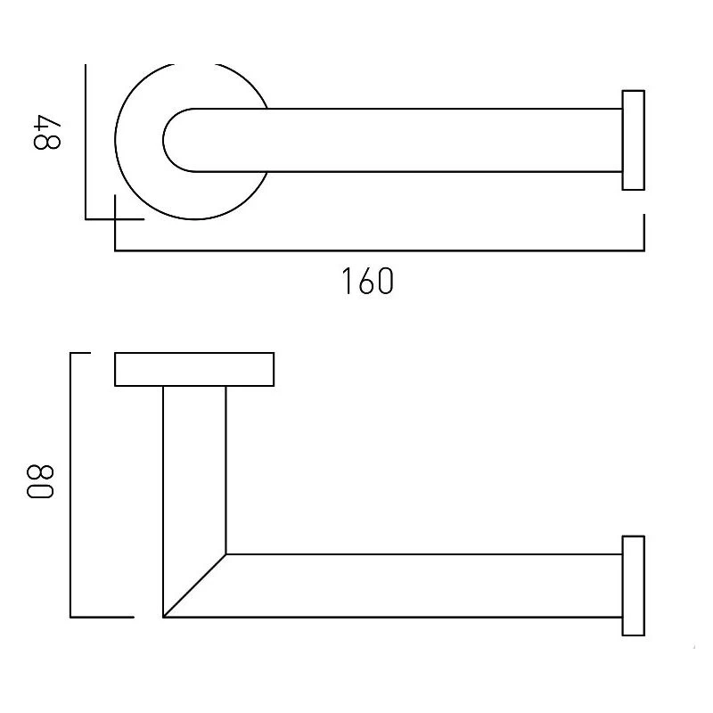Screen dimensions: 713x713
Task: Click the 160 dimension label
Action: coord(367,281)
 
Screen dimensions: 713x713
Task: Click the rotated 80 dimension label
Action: coord(40,481)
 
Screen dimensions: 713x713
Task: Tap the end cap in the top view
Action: coord(633,140)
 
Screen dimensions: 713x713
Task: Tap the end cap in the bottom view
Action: coord(633,586)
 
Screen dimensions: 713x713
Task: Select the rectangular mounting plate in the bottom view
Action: coord(194,369)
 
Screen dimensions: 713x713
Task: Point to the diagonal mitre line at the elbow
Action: coord(194,586)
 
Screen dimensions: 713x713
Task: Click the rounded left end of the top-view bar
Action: coord(169,140)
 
